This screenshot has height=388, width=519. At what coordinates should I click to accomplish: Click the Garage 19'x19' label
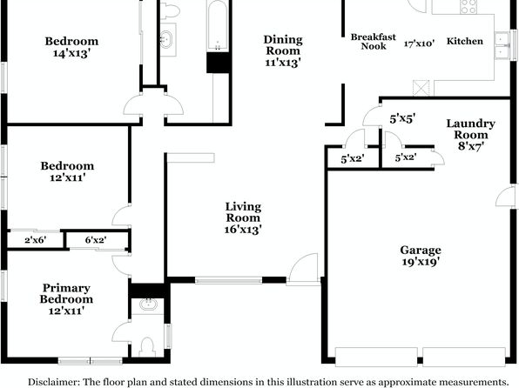tap(421, 256)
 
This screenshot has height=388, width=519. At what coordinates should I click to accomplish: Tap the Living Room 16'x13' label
tap(243, 218)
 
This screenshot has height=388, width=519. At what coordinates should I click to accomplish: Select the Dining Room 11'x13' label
tap(283, 51)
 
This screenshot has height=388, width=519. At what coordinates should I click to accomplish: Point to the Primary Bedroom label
tap(66, 293)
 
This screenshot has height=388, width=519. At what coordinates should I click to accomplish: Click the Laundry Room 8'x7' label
tap(471, 135)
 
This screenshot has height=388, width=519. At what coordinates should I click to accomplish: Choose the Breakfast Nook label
tap(374, 42)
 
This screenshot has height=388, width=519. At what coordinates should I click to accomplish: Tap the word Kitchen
tap(465, 41)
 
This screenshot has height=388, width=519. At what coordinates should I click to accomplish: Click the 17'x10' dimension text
tap(419, 43)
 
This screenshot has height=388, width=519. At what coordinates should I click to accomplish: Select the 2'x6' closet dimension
tap(35, 240)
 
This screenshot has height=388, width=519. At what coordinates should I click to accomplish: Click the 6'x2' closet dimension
tap(96, 240)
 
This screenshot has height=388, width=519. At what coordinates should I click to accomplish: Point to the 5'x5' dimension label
tap(402, 118)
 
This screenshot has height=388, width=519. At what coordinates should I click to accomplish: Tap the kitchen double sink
tap(502, 45)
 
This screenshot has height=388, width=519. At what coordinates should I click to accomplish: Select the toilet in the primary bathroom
tap(147, 346)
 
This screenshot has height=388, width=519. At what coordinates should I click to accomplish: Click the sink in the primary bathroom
tap(147, 304)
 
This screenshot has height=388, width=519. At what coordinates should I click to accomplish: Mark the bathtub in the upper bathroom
tap(218, 25)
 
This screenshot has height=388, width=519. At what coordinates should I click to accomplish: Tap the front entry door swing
tap(303, 268)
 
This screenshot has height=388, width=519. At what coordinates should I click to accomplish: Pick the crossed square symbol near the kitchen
tap(421, 88)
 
